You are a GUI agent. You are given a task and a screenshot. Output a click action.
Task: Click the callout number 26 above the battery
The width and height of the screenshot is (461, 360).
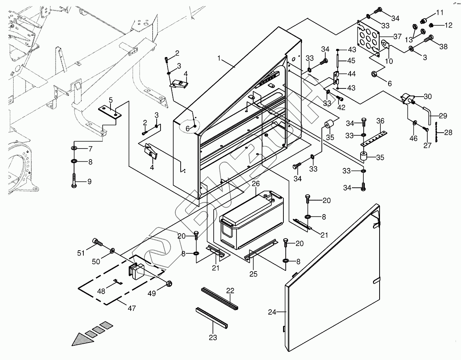coord(256,184)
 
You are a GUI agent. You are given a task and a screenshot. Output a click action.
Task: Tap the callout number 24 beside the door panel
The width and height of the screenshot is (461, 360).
coord(273,312)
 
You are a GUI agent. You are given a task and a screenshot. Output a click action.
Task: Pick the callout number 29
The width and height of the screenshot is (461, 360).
coord(443,116)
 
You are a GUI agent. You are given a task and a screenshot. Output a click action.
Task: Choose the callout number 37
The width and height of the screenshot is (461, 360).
coord(397,37)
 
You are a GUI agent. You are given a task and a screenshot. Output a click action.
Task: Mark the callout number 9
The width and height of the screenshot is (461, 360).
coord(90,182)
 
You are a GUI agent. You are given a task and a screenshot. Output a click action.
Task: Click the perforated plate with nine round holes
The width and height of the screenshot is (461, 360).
coord(370,39)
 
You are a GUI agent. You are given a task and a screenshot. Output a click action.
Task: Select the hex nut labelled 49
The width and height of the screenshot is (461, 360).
coord(169,284)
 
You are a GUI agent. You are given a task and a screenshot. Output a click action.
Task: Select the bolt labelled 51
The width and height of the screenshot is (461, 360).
coord(97,243)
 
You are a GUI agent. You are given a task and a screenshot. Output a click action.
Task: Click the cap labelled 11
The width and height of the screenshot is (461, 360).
coord(424,19)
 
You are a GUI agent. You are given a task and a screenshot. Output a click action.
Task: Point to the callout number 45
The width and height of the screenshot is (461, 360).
coord(351,61)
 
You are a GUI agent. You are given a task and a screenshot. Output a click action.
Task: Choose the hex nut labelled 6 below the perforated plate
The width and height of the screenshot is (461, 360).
coord(375,73)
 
